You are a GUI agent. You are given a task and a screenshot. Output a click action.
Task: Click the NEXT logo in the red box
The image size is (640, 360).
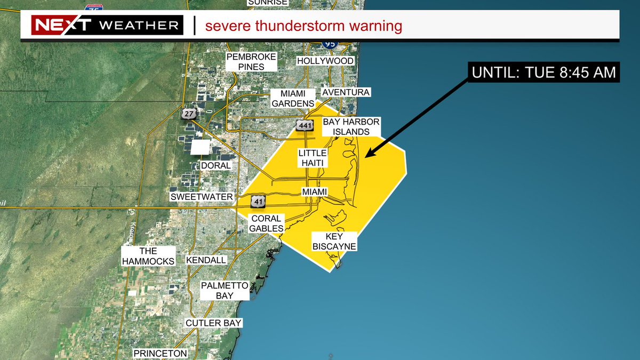(x=62, y=25)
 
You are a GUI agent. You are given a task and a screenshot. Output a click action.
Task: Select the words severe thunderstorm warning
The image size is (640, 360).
(x=303, y=26)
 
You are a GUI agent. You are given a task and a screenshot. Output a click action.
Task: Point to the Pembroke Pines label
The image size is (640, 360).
(x=252, y=62)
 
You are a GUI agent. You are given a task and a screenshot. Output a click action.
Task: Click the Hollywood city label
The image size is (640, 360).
(x=325, y=61)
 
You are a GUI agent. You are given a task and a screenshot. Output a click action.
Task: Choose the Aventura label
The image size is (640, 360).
(x=346, y=92)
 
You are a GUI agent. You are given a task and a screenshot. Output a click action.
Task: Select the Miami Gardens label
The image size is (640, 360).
(x=293, y=98)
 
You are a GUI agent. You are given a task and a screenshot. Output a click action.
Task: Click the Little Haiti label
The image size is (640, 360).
(x=312, y=158)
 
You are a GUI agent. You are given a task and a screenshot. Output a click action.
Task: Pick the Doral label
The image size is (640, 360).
(x=216, y=165)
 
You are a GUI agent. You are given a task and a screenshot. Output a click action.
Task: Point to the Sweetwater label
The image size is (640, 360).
(x=202, y=197)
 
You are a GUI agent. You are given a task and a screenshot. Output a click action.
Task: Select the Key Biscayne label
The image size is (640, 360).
(x=334, y=241)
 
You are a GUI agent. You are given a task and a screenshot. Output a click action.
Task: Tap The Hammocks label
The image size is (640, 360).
(x=148, y=256)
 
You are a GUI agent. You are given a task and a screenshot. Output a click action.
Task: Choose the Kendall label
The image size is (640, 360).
(x=206, y=260)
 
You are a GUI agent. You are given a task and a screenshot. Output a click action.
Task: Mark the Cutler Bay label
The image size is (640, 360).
(x=214, y=323)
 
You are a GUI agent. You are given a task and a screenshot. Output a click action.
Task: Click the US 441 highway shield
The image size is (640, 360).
(x=303, y=125)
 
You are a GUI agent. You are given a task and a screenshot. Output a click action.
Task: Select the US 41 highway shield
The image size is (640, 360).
(x=258, y=202)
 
